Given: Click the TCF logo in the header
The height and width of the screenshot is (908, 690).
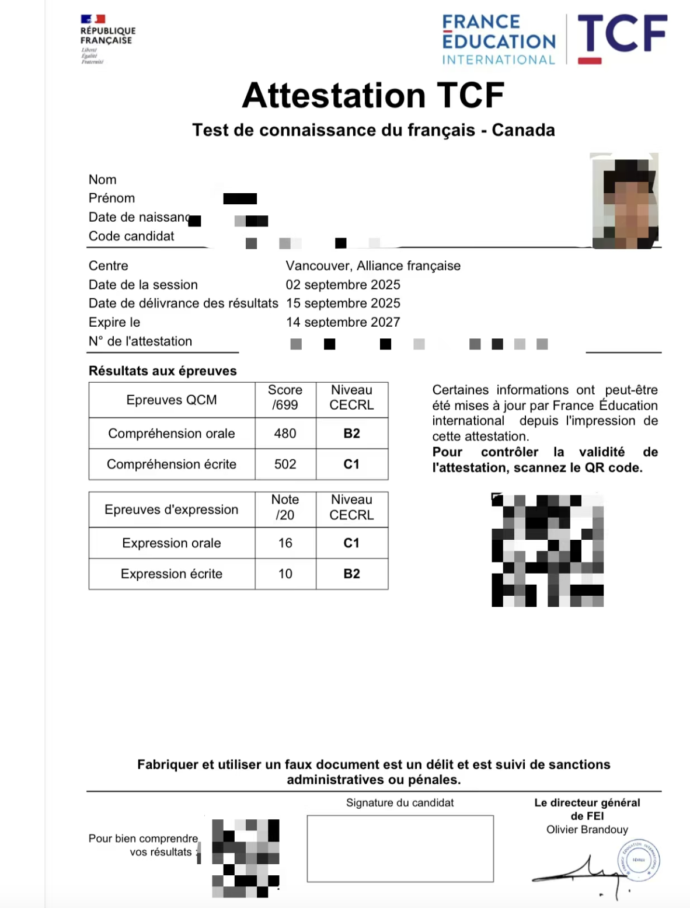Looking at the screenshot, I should coord(622,36).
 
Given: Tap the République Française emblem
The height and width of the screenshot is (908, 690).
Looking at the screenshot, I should coord(107,39).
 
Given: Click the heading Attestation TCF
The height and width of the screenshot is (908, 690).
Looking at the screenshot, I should coord(374,96).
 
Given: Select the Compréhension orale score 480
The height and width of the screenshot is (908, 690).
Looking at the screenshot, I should coord(285,434).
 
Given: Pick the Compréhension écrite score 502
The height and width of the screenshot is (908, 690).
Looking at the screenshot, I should coord(285,465).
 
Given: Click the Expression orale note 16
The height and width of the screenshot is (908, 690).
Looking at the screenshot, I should coord(285,543).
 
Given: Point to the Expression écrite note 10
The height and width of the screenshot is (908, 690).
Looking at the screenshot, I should coord(285,574).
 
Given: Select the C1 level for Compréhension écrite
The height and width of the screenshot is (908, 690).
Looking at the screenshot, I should coord(351,465).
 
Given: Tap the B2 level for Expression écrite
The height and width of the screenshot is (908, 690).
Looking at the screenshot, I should coord(351,574).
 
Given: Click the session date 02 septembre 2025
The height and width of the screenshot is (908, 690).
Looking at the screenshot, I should coord(343,285).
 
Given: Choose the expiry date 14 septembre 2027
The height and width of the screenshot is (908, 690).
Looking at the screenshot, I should coord(343,322).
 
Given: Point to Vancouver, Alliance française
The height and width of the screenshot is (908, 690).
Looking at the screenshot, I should coord(373,266).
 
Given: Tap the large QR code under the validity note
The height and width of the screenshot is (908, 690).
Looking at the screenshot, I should coord(548,550).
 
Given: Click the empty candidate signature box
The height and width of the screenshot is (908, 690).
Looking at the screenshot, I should coord(400,848).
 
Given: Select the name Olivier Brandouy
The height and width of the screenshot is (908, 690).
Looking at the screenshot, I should coord(587,830).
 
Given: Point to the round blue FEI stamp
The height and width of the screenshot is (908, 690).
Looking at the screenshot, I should coord(638,860).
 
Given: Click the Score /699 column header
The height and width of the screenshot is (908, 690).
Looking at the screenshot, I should coord(285,397).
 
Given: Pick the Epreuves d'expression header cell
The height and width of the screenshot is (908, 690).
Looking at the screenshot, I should coord(172,510).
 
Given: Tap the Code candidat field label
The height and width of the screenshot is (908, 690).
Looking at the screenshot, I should coord(131,236).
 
